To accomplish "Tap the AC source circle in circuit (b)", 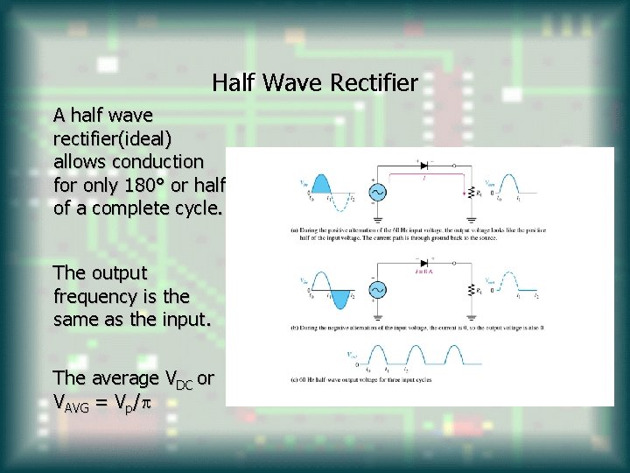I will click(x=378, y=289).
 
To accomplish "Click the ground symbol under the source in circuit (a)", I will click(x=378, y=218).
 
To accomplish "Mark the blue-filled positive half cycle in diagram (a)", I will click(x=322, y=185).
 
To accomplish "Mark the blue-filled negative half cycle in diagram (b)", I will click(x=340, y=298).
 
